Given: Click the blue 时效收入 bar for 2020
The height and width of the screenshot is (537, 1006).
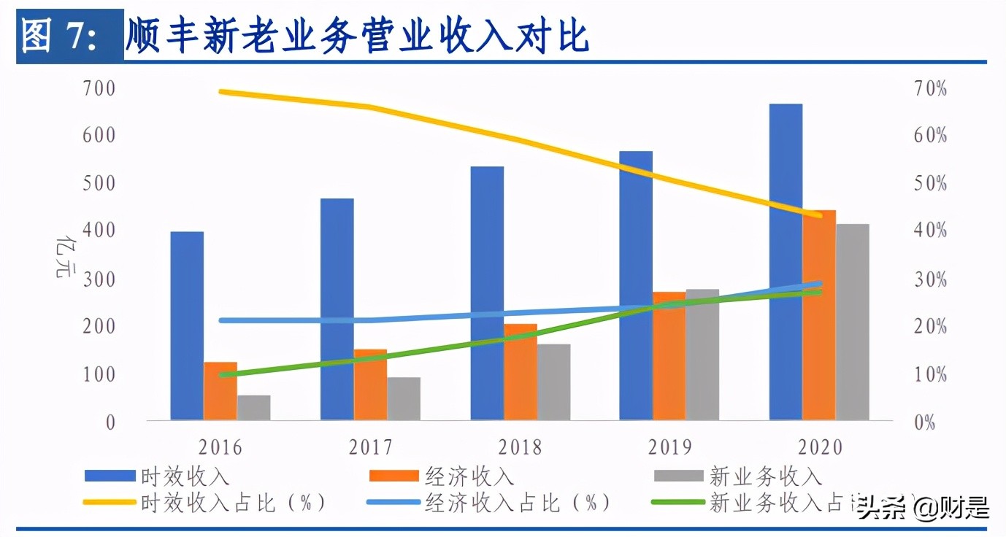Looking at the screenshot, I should [x=785, y=263].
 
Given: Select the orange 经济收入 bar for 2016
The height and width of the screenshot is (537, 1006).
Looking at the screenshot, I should [x=220, y=391].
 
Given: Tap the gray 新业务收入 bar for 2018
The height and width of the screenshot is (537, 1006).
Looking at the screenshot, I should [x=553, y=382].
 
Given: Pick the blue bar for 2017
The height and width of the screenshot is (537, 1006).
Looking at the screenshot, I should [x=337, y=309].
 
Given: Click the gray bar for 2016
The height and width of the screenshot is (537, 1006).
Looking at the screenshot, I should [x=253, y=407].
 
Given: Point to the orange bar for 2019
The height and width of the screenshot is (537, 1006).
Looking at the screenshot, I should [x=669, y=356].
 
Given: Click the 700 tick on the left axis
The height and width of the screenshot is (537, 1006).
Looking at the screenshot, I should [x=100, y=89].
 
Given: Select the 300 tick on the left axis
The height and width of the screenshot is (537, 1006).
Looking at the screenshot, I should [x=100, y=279].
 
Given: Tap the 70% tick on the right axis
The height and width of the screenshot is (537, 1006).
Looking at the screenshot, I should [x=930, y=89].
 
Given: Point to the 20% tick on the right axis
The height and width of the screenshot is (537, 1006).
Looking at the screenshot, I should [x=930, y=326].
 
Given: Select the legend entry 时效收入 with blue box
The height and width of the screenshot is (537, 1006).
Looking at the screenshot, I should [x=157, y=476].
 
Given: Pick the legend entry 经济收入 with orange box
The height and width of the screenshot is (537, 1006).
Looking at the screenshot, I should [x=442, y=476].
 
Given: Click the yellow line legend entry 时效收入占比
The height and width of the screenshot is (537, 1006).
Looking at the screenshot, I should [x=204, y=503].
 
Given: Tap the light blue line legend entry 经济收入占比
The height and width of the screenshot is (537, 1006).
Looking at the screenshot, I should [x=489, y=503].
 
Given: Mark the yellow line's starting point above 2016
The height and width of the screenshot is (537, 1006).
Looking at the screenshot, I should [x=221, y=92].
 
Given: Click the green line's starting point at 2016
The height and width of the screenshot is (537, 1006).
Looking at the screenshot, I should [x=221, y=375].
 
